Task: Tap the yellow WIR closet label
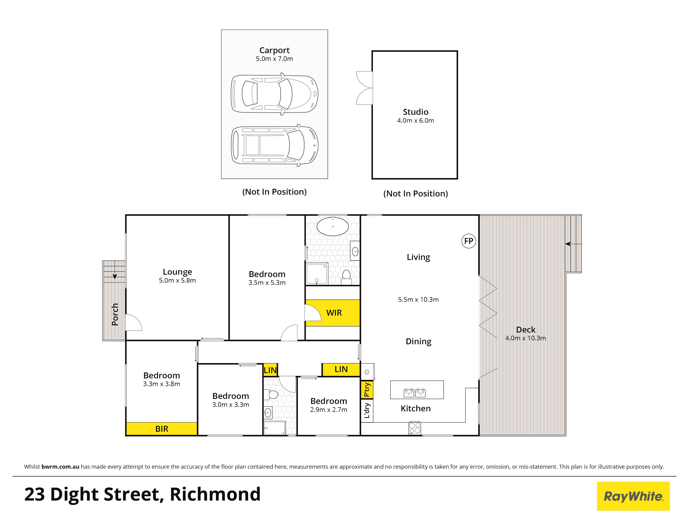pos(334,313)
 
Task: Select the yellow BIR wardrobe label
pos(162,429)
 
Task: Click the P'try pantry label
pos(367,390)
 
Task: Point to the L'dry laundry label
pos(367,411)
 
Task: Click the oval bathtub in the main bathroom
pos(333,226)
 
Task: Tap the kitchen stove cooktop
pos(415,428)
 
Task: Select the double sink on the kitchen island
pos(415,393)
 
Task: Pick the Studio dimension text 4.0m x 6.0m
pos(415,121)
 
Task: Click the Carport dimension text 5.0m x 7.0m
pos(274,59)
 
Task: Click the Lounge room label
pos(177,272)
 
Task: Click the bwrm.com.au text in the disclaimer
pos(60,467)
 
